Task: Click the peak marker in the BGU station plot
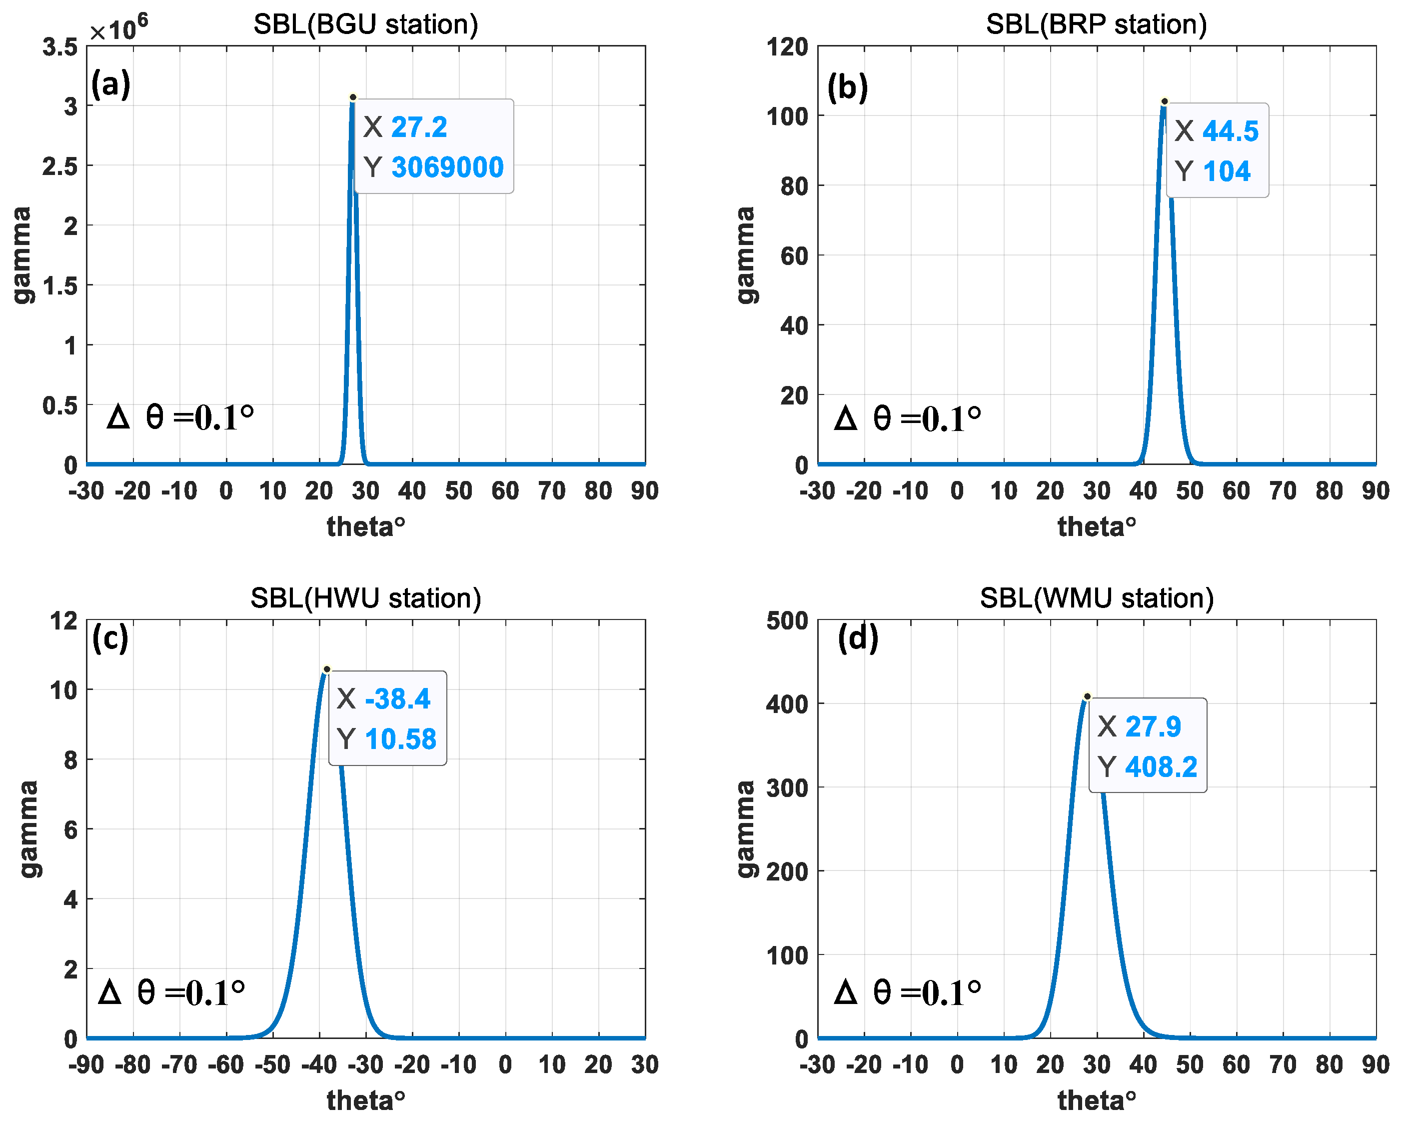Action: pyautogui.click(x=353, y=97)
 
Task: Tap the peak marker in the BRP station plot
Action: pyautogui.click(x=1164, y=101)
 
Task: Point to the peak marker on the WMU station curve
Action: pyautogui.click(x=1087, y=696)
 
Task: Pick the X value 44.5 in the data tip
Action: pyautogui.click(x=1230, y=131)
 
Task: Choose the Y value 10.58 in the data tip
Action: pyautogui.click(x=400, y=739)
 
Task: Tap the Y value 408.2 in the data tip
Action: pyautogui.click(x=1161, y=766)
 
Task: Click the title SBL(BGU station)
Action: pyautogui.click(x=366, y=24)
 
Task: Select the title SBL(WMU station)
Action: pyautogui.click(x=1097, y=597)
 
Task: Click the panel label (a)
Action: pyautogui.click(x=110, y=84)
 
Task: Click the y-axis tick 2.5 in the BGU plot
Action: pyautogui.click(x=60, y=166)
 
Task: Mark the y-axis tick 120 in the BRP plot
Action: pyautogui.click(x=787, y=47)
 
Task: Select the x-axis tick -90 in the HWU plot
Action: pyautogui.click(x=86, y=1065)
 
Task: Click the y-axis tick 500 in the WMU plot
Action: pyautogui.click(x=787, y=621)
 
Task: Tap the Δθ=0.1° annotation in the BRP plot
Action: pyautogui.click(x=908, y=418)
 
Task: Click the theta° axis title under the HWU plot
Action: pyautogui.click(x=366, y=1101)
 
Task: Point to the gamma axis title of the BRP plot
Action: pyautogui.click(x=746, y=255)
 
